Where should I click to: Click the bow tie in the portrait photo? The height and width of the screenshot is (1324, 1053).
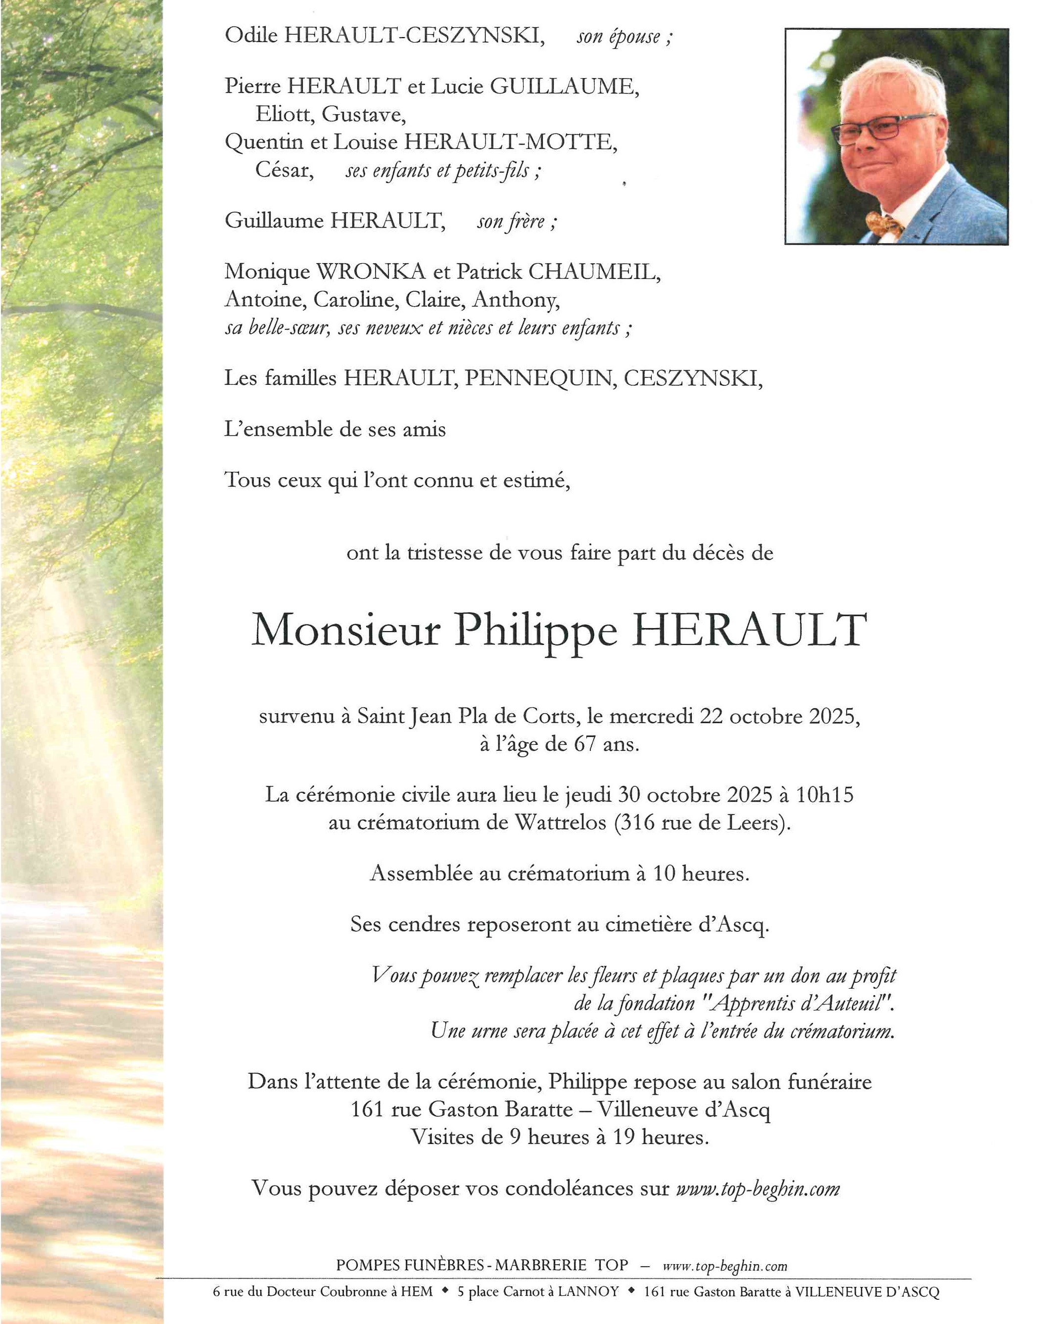pos(884,224)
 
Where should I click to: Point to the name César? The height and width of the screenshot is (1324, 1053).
pos(284,170)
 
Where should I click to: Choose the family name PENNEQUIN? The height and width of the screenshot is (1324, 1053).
pos(540,378)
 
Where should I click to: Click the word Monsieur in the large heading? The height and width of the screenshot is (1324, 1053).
pos(346,631)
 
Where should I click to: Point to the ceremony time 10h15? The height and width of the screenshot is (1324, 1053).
pos(824,795)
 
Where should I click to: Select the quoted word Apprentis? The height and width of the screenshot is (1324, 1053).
pos(753,1004)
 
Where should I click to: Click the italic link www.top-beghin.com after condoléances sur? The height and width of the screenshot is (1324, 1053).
pos(758,1189)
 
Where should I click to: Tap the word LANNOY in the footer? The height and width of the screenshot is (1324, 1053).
pos(588,1292)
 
